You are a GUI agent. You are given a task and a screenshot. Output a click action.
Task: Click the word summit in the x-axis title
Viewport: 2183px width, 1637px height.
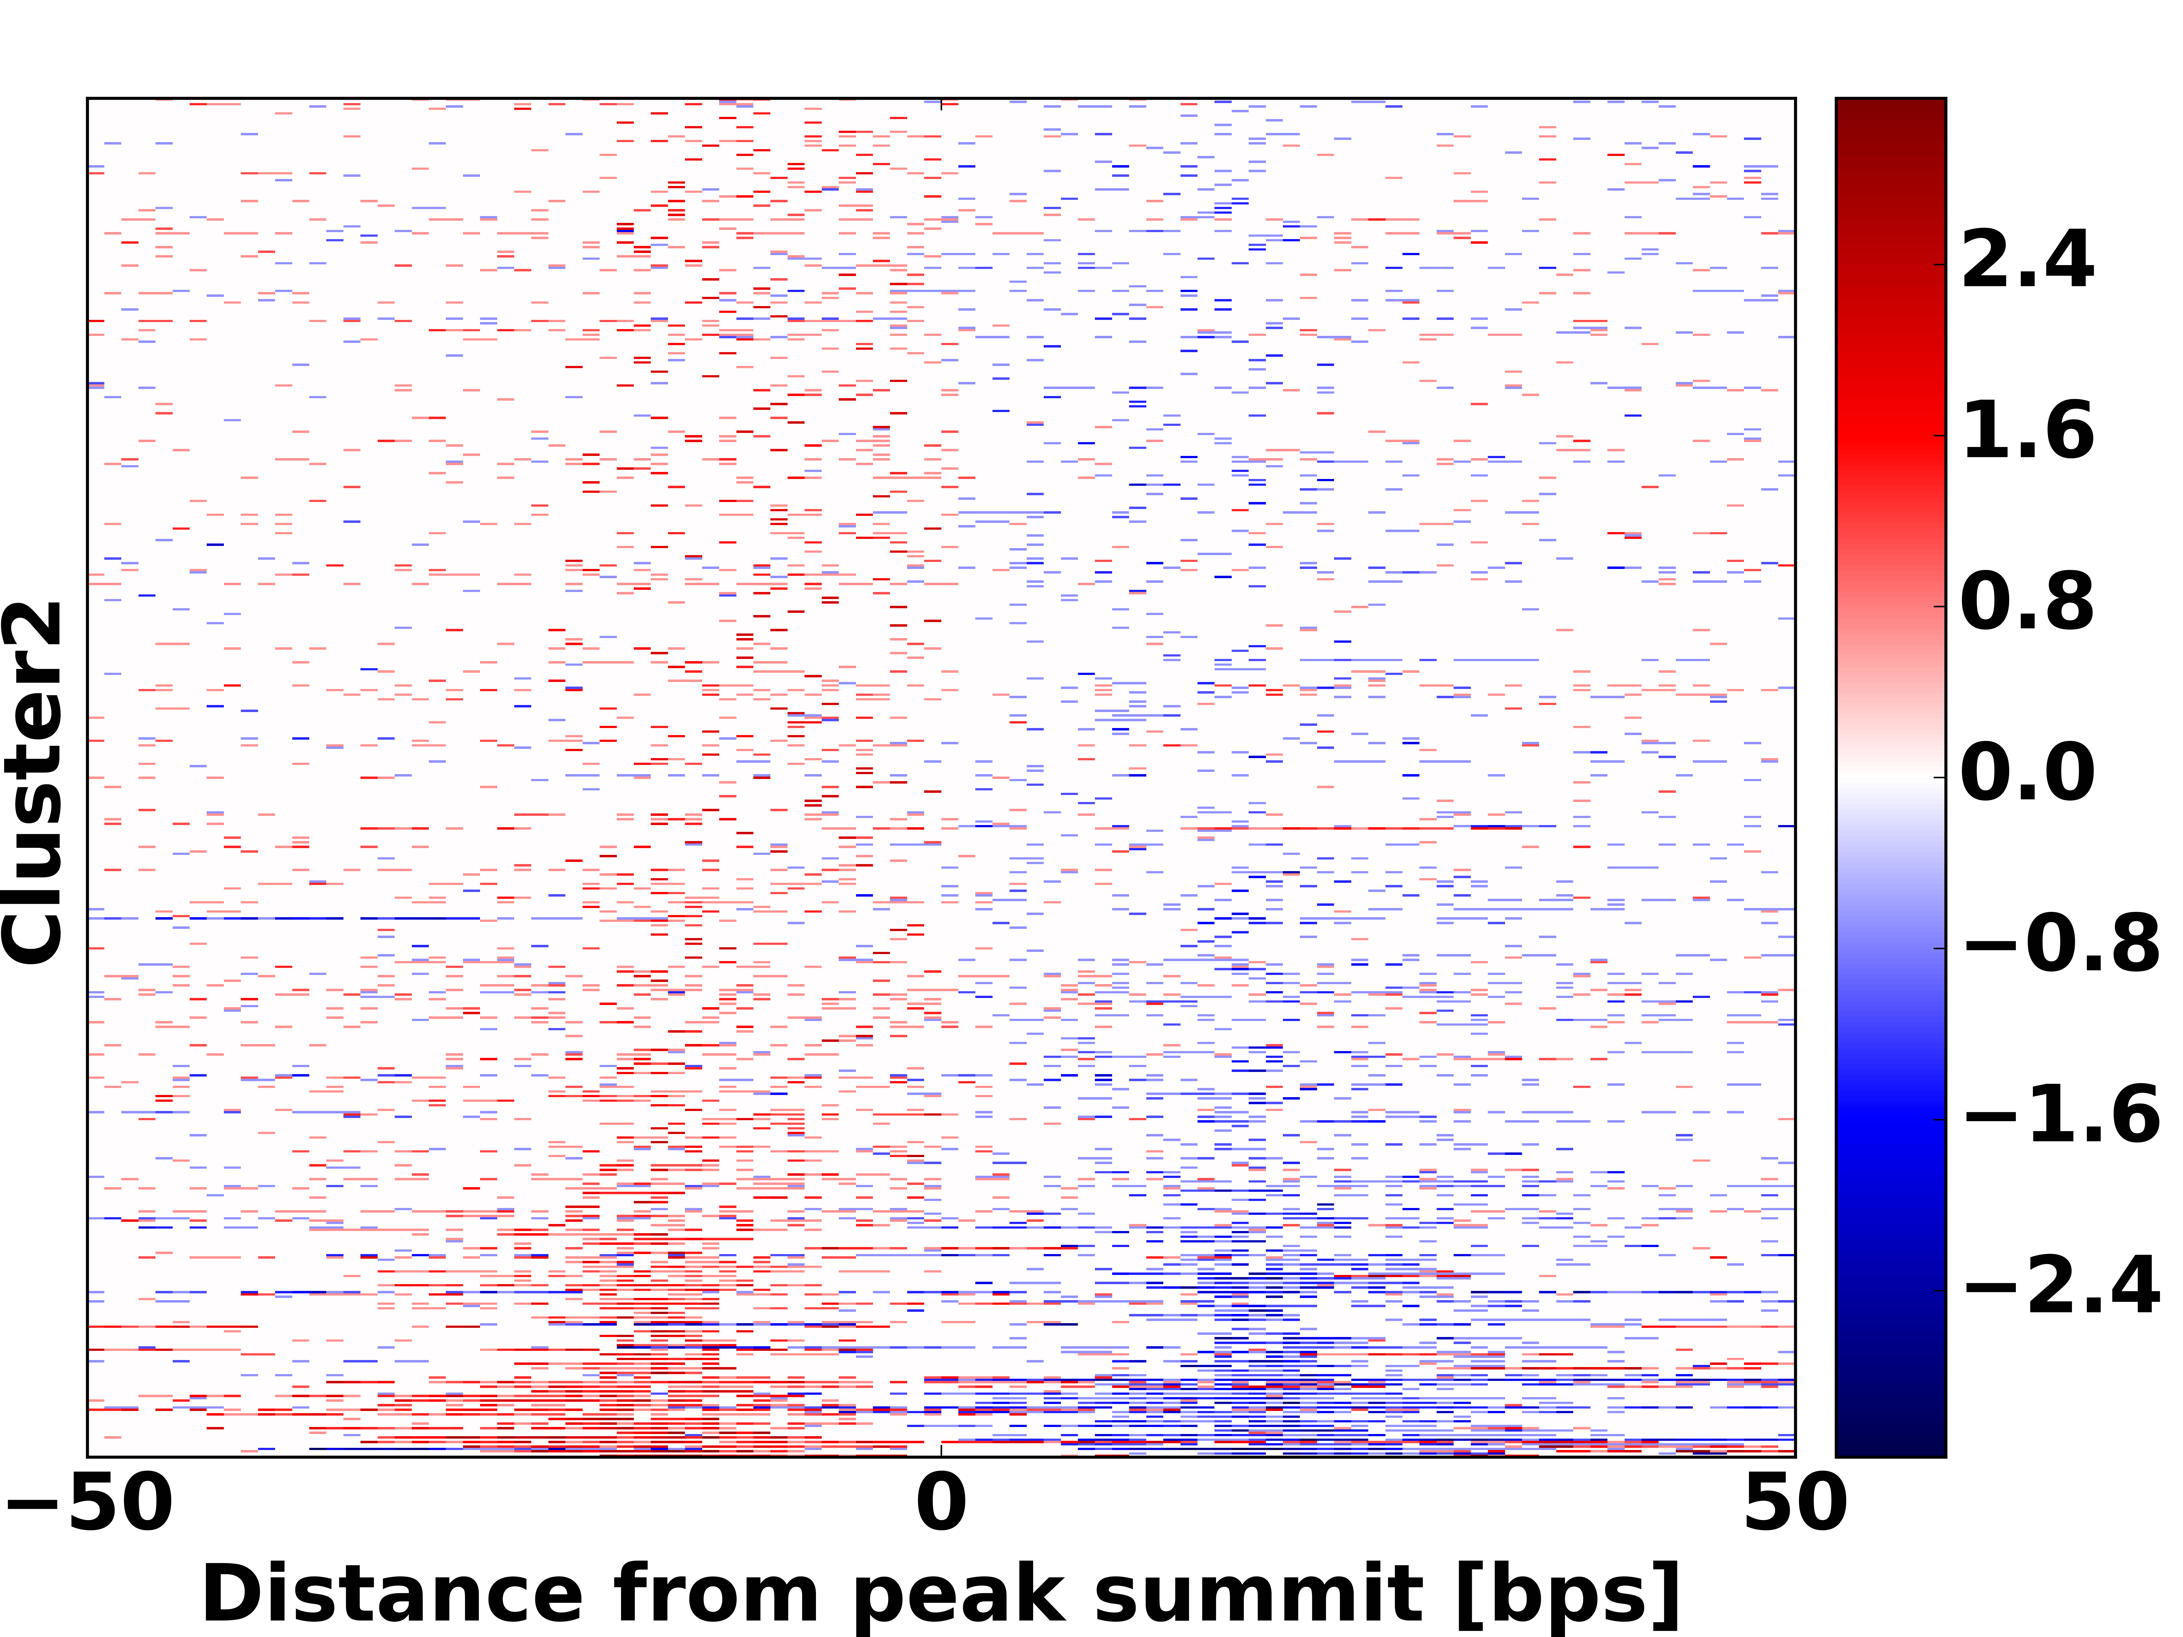pos(1258,1596)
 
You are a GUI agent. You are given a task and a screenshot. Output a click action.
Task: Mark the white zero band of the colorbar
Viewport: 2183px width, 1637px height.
pos(1890,777)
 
